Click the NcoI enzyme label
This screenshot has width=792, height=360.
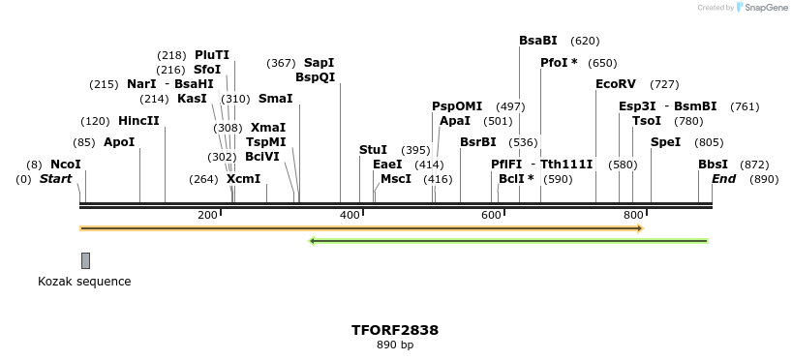(x=66, y=165)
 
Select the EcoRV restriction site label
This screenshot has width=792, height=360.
(x=616, y=84)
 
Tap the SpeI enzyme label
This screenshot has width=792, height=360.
(x=665, y=142)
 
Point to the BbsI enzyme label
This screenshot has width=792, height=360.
(x=713, y=165)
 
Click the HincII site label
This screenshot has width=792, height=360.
(x=138, y=121)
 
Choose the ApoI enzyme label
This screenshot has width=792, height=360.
(x=119, y=142)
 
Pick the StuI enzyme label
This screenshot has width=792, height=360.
(x=373, y=150)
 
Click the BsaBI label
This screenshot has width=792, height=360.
(x=538, y=41)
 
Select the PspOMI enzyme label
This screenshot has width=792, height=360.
(x=457, y=106)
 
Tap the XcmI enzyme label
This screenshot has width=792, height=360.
(x=243, y=179)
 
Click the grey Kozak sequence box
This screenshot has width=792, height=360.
(x=85, y=260)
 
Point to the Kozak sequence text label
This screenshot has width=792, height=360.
(x=84, y=282)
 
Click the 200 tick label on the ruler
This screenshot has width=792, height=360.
(x=207, y=215)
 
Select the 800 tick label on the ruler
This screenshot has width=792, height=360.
(x=633, y=215)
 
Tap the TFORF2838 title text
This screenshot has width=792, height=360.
(x=395, y=330)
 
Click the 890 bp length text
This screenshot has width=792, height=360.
(x=395, y=345)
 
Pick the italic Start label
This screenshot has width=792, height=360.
(x=56, y=179)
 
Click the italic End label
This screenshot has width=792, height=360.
(x=724, y=179)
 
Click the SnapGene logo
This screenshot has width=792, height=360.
(x=761, y=8)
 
